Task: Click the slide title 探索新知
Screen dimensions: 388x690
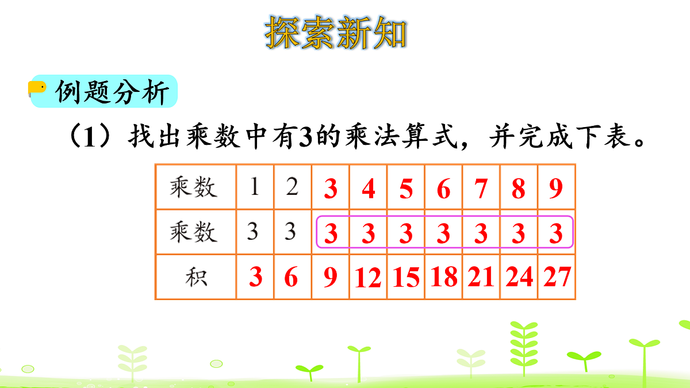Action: pos(336,33)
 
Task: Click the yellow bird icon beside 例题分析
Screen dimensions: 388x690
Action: pos(37,88)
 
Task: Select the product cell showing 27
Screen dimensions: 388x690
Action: pos(556,277)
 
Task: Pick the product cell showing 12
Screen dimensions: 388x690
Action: pos(368,278)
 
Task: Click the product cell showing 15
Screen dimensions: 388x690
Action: pos(406,278)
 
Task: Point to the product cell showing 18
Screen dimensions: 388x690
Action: pos(443,277)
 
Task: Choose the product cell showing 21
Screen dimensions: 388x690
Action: pos(481,277)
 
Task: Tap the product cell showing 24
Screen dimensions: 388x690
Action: pos(519,277)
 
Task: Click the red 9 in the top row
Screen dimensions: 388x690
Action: pos(556,189)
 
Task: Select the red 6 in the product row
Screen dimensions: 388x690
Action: pos(292,277)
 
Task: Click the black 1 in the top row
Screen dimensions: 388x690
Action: pos(255,187)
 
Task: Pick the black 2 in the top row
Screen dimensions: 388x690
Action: pos(292,187)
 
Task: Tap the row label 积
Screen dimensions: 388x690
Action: pos(196,278)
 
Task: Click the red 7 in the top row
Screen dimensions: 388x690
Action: pos(481,189)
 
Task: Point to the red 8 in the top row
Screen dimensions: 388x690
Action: pos(519,189)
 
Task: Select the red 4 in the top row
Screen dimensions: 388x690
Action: pos(368,189)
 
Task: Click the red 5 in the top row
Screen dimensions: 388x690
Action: pos(406,189)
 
